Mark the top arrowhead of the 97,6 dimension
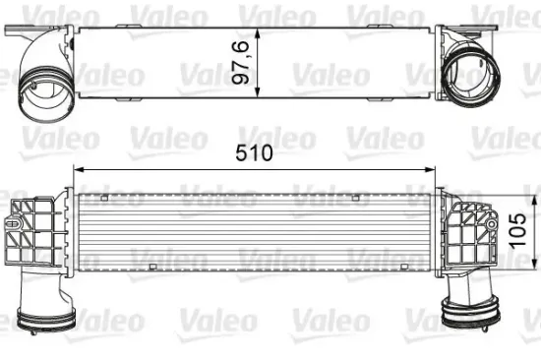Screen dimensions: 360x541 point(259,26)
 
